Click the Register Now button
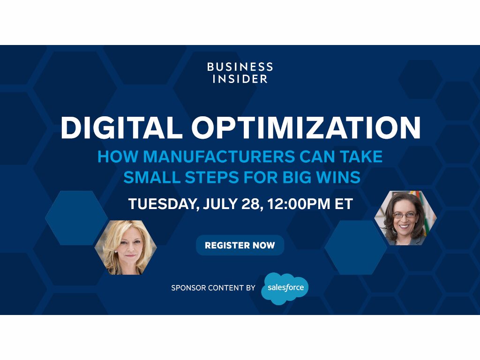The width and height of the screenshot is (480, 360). [240, 245]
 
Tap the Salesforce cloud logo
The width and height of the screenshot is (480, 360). [285, 288]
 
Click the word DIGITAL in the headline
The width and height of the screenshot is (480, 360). [121, 127]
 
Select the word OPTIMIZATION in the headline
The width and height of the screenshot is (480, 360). [306, 127]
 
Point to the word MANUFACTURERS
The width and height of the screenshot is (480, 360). [219, 157]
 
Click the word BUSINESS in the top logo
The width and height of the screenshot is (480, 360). [240, 67]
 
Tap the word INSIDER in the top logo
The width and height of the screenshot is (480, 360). [240, 79]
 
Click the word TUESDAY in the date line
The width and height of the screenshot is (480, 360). [164, 204]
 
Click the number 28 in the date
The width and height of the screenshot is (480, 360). [252, 204]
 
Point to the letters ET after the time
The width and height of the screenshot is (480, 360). [344, 204]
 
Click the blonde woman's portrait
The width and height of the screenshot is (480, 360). [126, 247]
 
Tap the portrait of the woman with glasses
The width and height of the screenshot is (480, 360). [405, 217]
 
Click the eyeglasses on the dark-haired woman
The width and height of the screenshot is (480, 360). [405, 216]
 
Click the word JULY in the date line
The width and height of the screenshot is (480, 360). [220, 204]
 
